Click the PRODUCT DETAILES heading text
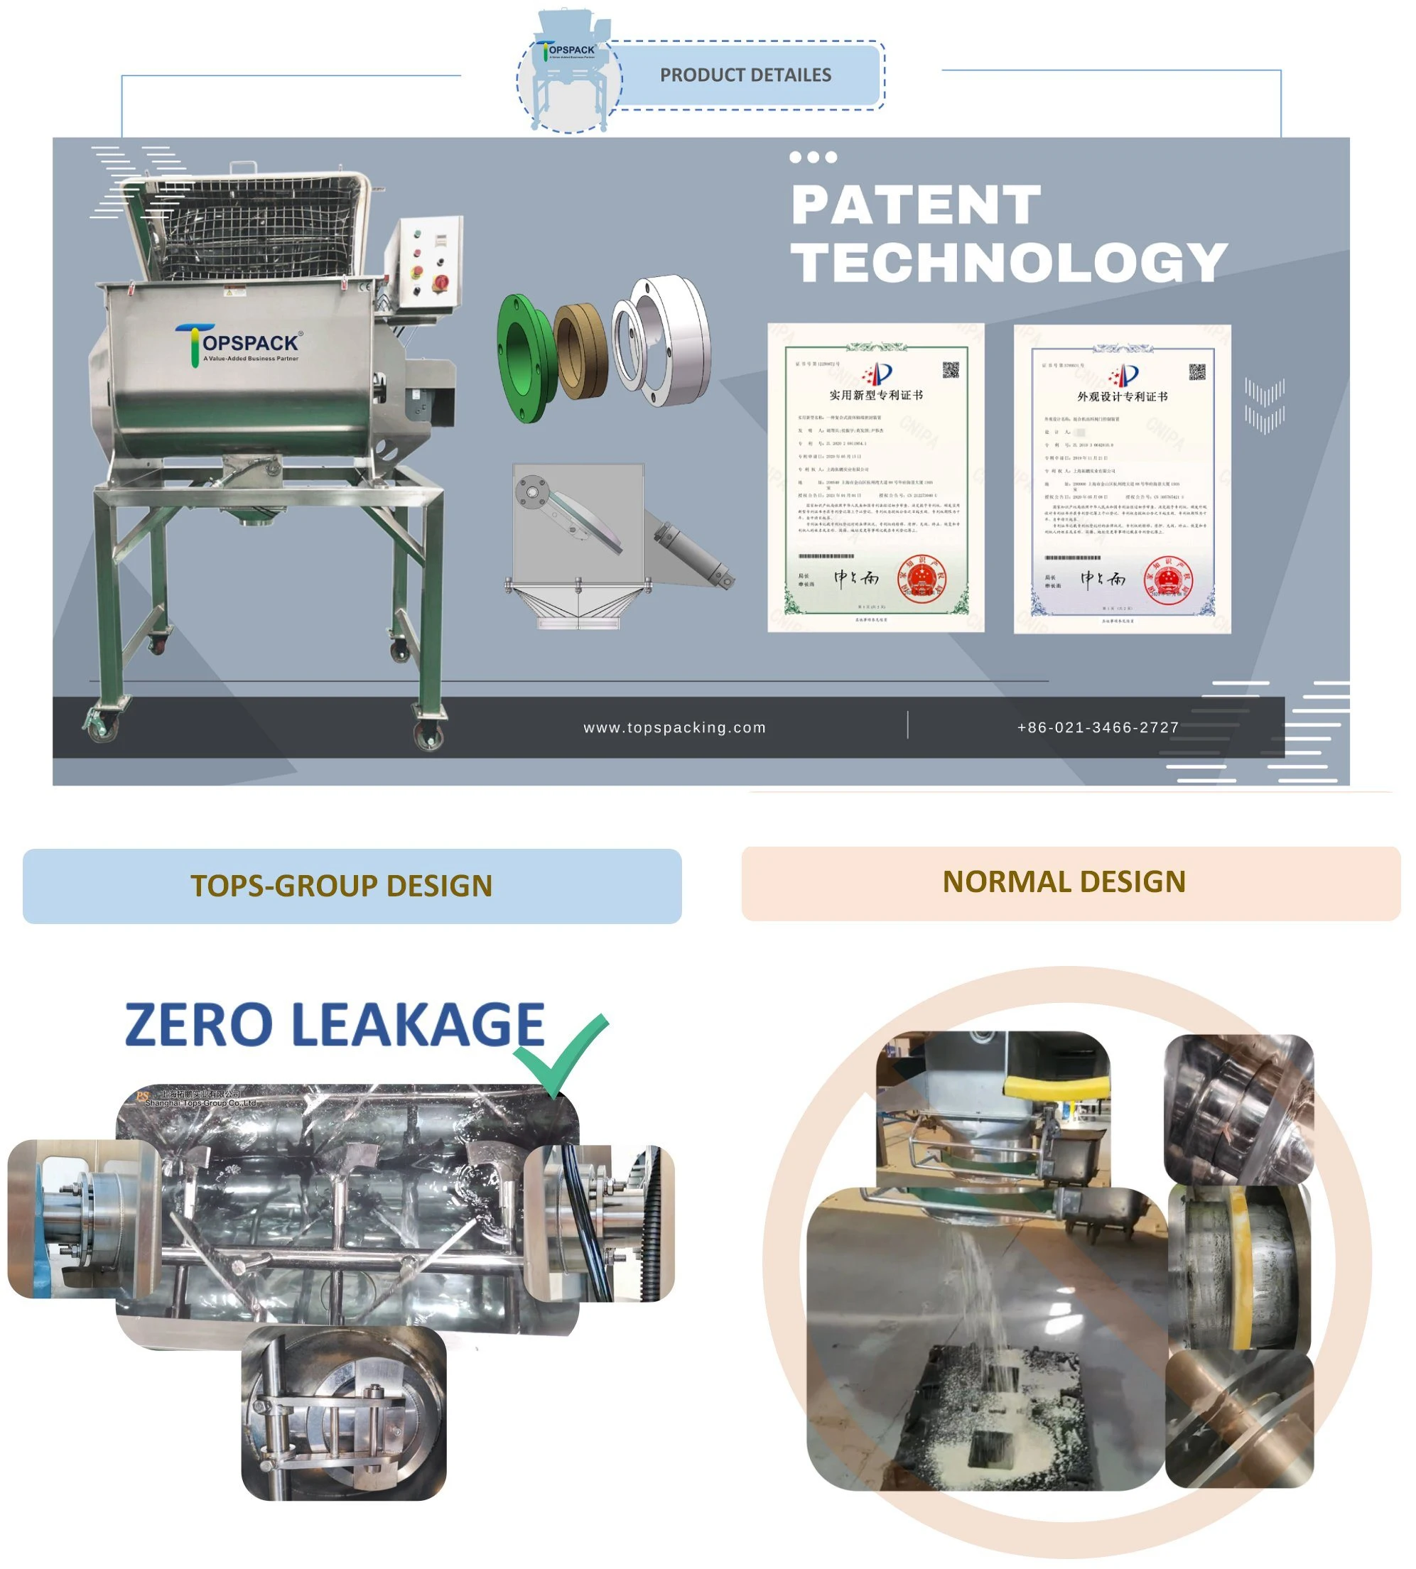(x=745, y=75)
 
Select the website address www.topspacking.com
(x=674, y=727)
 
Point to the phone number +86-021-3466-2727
(x=1097, y=727)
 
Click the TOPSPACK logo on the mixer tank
(x=237, y=345)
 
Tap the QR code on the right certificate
(x=1196, y=372)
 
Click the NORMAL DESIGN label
(x=1063, y=881)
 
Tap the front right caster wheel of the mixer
(x=428, y=734)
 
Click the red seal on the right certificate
(x=1167, y=580)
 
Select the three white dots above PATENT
(x=812, y=157)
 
